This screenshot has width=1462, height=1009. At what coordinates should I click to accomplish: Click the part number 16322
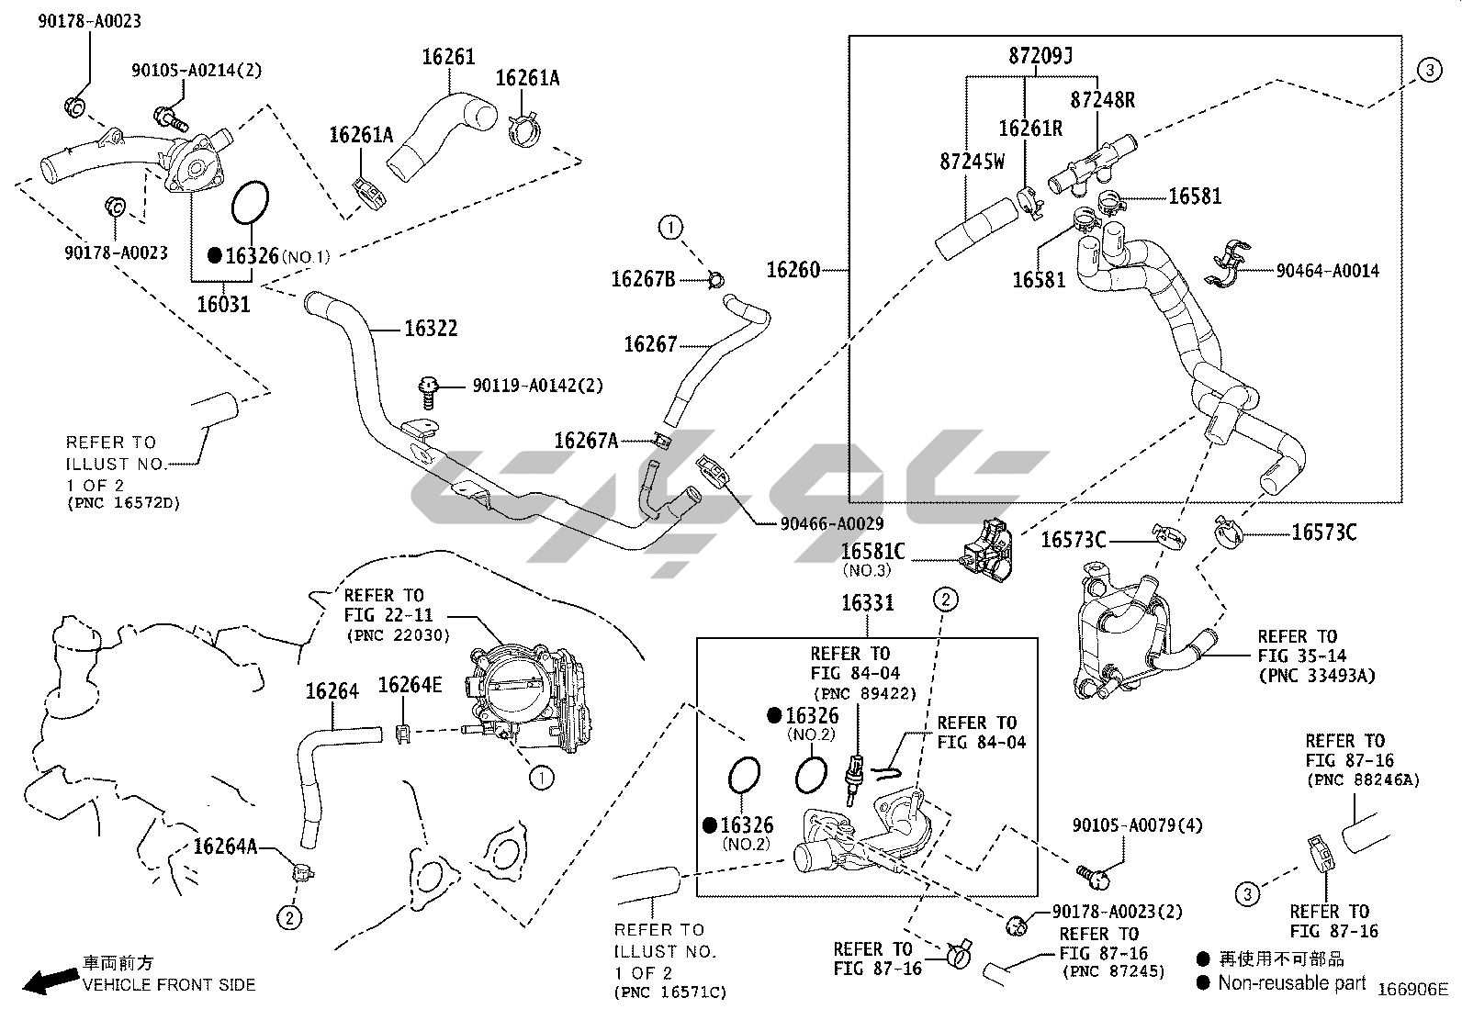(430, 329)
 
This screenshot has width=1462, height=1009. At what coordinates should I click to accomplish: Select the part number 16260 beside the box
(793, 270)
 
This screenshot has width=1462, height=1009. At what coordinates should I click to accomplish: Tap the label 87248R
(1102, 100)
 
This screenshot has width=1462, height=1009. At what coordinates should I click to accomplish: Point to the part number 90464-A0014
(1327, 271)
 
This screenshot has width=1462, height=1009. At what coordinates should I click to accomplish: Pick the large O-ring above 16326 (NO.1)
(250, 203)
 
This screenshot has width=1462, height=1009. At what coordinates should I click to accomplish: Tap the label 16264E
(410, 685)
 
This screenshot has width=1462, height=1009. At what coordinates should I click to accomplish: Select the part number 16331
(868, 603)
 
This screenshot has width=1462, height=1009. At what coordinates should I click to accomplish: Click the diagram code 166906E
(1411, 989)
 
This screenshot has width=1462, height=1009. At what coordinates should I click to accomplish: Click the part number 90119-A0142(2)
(537, 386)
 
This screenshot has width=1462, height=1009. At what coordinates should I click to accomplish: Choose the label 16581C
(872, 551)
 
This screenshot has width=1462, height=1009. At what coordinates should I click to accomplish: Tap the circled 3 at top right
(1429, 71)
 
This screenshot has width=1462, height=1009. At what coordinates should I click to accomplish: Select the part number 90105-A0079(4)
(1137, 825)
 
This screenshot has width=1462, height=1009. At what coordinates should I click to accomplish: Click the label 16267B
(643, 278)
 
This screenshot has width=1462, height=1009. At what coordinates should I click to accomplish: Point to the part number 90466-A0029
(831, 524)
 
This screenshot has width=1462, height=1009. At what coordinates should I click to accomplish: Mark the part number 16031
(223, 303)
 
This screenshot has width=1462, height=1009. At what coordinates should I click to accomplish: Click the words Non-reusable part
(1291, 983)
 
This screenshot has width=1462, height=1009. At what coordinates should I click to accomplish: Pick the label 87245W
(972, 162)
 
